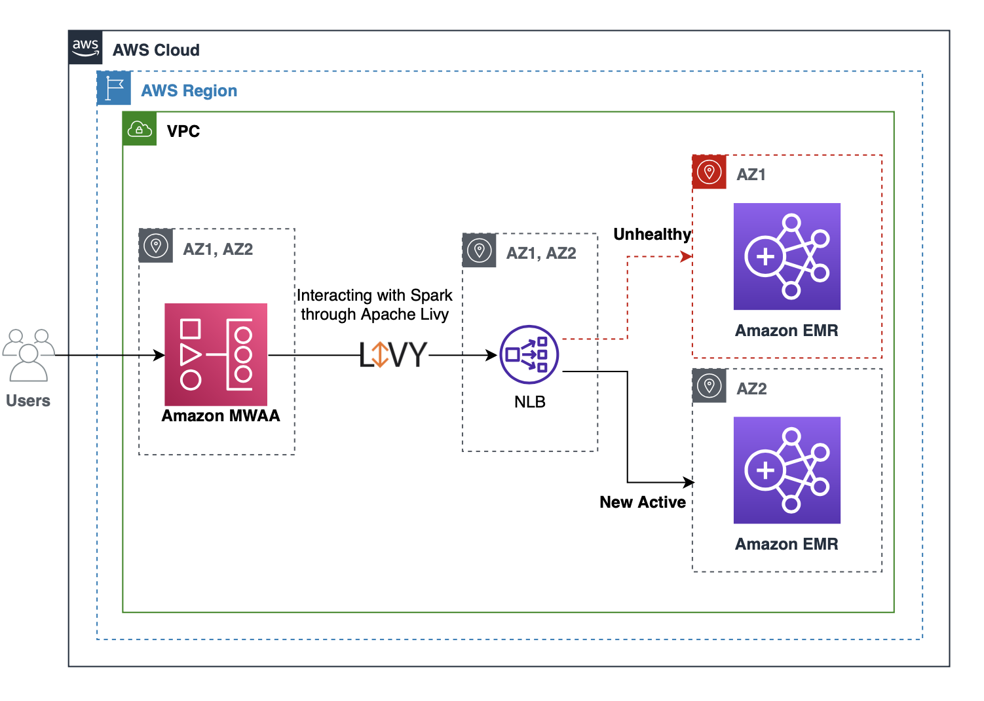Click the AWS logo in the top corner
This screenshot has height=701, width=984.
tap(85, 47)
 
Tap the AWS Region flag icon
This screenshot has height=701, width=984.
tap(114, 88)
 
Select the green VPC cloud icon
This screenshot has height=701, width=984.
tap(140, 128)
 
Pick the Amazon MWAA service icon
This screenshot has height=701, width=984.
tap(216, 354)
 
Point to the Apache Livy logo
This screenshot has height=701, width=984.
tap(393, 355)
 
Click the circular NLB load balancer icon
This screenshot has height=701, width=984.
tap(529, 354)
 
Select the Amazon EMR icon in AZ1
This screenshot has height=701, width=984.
tap(787, 256)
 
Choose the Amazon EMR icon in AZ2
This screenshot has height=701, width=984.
tap(787, 470)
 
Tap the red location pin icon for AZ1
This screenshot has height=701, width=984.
tap(710, 172)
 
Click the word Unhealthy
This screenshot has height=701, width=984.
tap(652, 235)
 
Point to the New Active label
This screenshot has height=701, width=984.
tap(643, 502)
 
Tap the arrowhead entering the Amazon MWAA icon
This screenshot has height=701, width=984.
tap(159, 355)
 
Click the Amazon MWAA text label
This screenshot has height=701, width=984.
tap(221, 416)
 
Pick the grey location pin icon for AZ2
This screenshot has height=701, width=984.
tap(710, 386)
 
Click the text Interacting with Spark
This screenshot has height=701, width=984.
tap(374, 295)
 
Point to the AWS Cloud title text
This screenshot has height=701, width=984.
tap(156, 50)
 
